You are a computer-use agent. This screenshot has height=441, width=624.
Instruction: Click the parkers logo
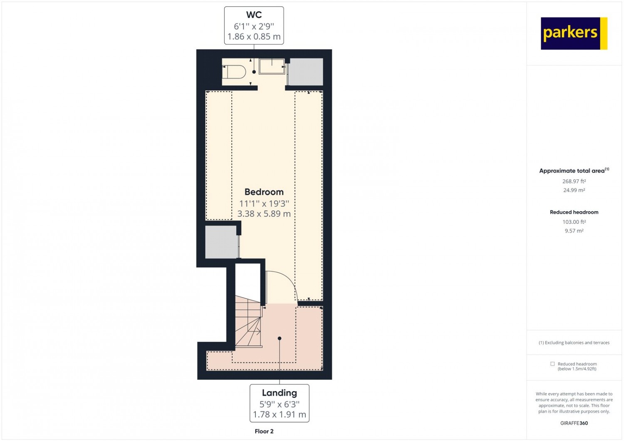tap(574, 33)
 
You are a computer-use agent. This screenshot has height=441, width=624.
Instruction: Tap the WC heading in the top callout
tap(254, 15)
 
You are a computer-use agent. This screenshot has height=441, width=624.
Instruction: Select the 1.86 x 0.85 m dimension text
tap(254, 37)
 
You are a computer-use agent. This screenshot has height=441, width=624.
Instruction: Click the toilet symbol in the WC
tap(234, 72)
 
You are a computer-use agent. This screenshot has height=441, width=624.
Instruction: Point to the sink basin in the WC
tap(272, 66)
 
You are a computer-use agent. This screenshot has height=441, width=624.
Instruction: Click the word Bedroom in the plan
tap(264, 192)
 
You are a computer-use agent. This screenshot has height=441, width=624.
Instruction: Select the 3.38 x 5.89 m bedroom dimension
tap(264, 214)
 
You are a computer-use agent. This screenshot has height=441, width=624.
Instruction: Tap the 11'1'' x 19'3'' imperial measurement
tap(264, 203)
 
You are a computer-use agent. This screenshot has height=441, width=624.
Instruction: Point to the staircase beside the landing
tap(249, 322)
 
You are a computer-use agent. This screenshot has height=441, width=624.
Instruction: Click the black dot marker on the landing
tap(280, 338)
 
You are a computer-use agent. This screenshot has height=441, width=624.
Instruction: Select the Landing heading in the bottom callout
tap(280, 393)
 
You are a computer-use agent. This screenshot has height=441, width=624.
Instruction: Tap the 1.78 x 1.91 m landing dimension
tap(280, 414)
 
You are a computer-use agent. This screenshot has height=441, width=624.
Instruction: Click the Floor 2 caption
tap(264, 431)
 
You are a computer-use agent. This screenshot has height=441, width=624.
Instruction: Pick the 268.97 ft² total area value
tap(574, 181)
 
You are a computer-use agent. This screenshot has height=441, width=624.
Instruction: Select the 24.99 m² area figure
tap(574, 190)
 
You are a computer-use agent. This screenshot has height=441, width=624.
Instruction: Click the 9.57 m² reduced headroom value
tap(574, 230)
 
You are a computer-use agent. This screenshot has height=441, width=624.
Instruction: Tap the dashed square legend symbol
tap(552, 364)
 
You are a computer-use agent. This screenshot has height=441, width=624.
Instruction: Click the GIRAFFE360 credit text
tap(574, 423)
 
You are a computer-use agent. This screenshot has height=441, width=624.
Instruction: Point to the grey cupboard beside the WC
tap(306, 72)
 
